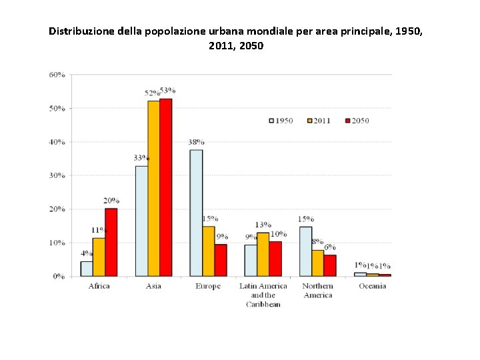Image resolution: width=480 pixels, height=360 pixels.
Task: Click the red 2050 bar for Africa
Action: [111, 242]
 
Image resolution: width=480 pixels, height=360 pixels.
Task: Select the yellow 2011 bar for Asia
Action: [153, 188]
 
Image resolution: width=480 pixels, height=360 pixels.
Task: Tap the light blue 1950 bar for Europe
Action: [196, 213]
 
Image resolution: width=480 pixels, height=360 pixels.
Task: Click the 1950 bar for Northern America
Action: [305, 251]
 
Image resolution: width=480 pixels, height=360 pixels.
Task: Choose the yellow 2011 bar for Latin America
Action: [263, 254]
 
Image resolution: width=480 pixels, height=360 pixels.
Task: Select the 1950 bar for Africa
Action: [87, 269]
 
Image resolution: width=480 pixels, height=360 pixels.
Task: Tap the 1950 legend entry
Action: [281, 121]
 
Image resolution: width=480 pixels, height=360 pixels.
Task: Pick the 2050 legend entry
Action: [356, 121]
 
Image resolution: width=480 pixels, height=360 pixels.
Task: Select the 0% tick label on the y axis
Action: [59, 276]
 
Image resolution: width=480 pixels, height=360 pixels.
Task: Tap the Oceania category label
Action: [372, 286]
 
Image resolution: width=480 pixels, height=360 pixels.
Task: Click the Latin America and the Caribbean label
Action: [263, 295]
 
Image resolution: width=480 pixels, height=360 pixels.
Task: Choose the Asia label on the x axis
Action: [154, 286]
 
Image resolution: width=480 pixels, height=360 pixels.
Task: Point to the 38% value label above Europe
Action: [196, 142]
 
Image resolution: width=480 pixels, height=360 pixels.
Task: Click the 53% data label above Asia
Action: [167, 91]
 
